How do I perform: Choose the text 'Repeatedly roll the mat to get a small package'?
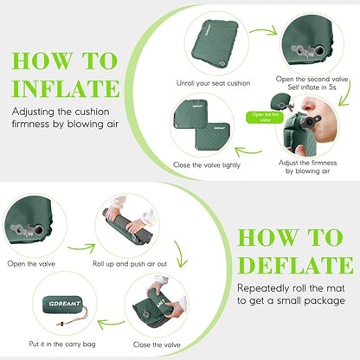coord(292,294)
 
